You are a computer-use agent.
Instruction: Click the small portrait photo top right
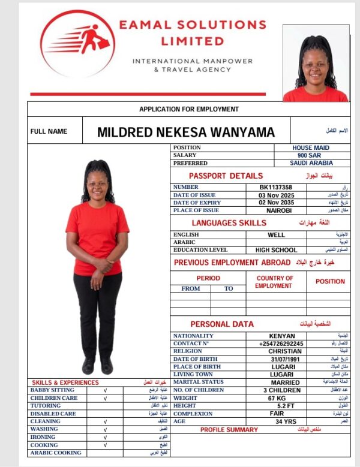[315, 64]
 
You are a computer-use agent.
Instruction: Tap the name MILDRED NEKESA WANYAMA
[186, 132]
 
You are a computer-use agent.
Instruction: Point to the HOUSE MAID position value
[311, 147]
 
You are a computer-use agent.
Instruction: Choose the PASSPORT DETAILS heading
[226, 176]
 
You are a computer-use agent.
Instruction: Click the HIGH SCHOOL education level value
[276, 250]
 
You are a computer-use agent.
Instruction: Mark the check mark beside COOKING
[105, 445]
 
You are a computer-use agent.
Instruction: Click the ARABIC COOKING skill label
[56, 453]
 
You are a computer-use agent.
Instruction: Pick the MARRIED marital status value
[285, 382]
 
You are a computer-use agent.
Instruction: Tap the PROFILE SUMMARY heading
[229, 430]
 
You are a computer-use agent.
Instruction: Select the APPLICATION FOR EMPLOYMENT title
[189, 109]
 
